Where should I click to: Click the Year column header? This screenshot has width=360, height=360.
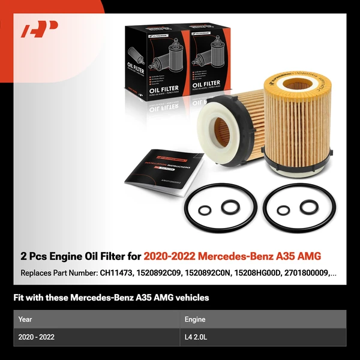click(25, 319)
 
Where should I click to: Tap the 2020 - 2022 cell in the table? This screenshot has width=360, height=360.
click(37, 337)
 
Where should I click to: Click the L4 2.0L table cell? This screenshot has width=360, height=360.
click(199, 337)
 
